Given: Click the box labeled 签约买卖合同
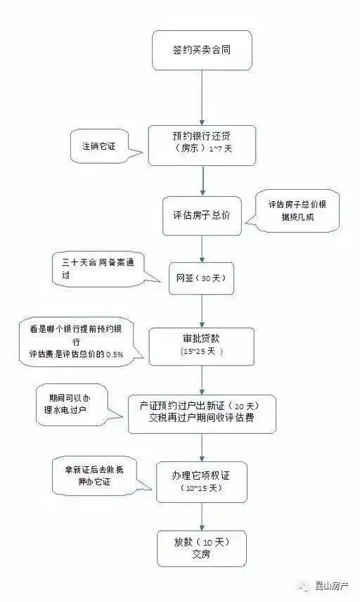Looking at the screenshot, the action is click(202, 51).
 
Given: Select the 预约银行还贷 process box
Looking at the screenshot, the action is click(202, 146).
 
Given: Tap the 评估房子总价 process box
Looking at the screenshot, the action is click(202, 216).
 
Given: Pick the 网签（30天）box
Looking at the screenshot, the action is click(202, 278).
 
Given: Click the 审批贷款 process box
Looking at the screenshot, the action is click(202, 346).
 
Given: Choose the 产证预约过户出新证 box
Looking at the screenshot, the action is click(202, 414).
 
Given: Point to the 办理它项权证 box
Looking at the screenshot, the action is click(202, 482).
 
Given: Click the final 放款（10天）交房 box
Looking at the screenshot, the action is click(202, 549).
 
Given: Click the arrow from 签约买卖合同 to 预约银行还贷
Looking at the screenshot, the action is click(202, 98).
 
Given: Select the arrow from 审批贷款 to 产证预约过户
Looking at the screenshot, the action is click(202, 380).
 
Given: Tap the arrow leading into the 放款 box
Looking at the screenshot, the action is click(202, 517).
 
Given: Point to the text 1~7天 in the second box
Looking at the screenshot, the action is click(221, 149).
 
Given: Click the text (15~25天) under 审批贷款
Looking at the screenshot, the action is click(202, 352).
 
